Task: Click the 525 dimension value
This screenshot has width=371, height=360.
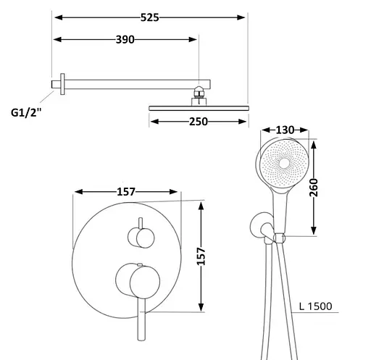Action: tap(150, 17)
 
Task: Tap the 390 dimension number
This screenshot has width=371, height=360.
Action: tap(125, 39)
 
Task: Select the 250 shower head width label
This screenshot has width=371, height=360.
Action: tap(199, 122)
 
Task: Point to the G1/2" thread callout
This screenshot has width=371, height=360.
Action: tap(26, 112)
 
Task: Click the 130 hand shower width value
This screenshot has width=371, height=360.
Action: tap(285, 130)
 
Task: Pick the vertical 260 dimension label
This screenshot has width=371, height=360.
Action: tap(314, 188)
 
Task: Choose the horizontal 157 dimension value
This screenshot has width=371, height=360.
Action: tap(126, 192)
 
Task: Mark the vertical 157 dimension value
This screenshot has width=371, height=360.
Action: tap(201, 256)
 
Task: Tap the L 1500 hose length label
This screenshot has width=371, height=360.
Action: tap(316, 306)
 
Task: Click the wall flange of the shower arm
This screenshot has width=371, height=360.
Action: tap(62, 84)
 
